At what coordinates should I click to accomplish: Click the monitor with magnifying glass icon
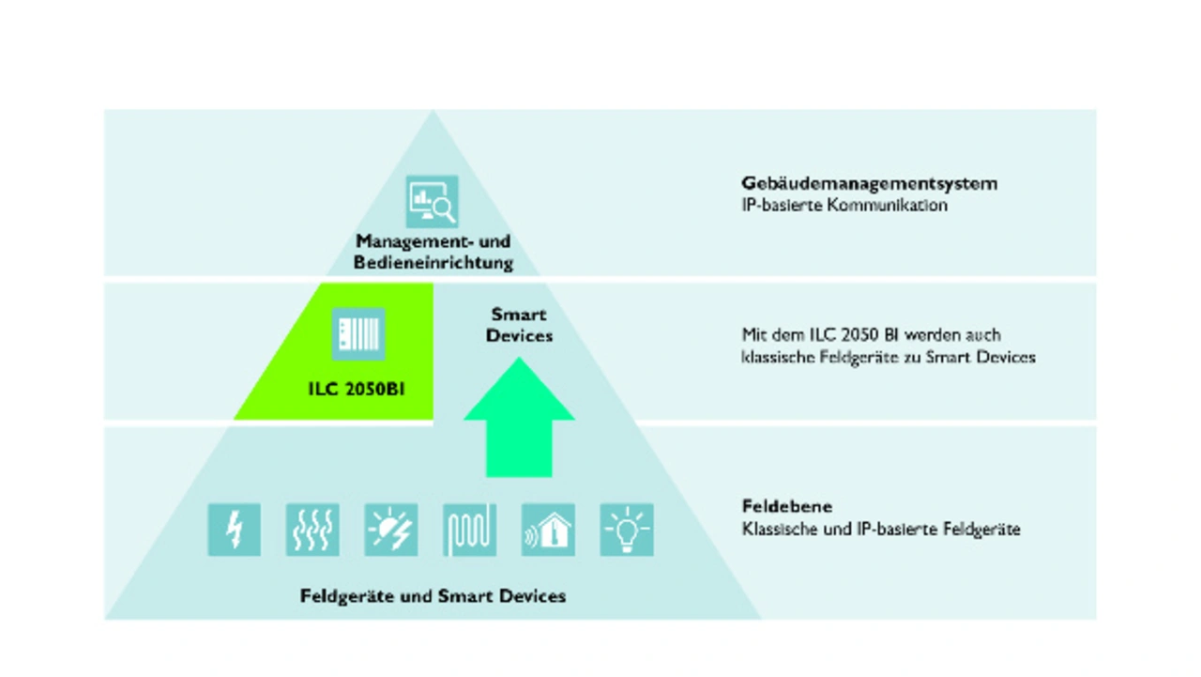point(432,202)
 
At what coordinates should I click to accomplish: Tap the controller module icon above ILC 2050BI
point(357,334)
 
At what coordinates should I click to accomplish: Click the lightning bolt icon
point(234,530)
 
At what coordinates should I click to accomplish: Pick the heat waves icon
point(312,530)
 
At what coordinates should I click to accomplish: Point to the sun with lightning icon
point(391,530)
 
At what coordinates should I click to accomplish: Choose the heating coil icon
point(469,530)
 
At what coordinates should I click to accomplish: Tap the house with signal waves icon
point(548,530)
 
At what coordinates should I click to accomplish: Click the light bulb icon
point(626,530)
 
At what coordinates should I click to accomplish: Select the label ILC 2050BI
point(357,389)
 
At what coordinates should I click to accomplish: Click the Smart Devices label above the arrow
point(519,325)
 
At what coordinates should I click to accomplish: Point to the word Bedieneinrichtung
point(433,263)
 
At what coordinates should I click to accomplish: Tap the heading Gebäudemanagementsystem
point(869,183)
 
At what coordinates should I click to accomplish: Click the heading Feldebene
point(773,507)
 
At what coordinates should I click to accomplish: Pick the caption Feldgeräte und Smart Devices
point(433,596)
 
